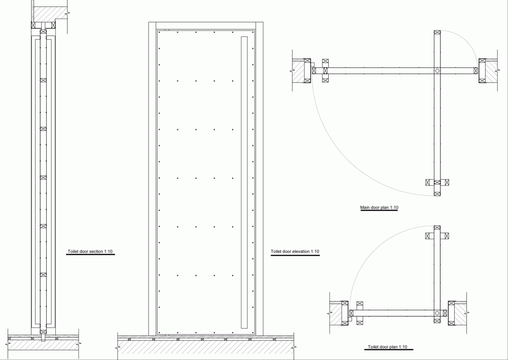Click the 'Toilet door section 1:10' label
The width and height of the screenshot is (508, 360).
click(90, 251)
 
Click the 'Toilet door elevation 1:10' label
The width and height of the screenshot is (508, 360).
click(295, 251)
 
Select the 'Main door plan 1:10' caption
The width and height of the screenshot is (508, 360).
click(379, 208)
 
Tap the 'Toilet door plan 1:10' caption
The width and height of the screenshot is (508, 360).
click(387, 347)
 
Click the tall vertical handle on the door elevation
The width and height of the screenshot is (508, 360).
click(244, 182)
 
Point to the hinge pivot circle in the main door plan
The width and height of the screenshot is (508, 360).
click(437, 71)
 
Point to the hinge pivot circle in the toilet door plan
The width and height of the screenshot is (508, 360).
click(437, 313)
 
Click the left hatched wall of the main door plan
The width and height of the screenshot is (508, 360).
click(298, 71)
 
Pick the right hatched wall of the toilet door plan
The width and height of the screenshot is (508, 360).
click(461, 313)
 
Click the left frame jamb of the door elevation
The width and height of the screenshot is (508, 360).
click(152, 179)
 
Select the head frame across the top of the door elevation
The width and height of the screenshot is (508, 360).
click(206, 26)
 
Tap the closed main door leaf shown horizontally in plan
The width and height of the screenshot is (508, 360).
click(395, 71)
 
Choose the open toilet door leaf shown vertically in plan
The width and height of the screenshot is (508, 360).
click(437, 274)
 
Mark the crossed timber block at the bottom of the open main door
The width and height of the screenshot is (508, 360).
click(437, 193)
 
